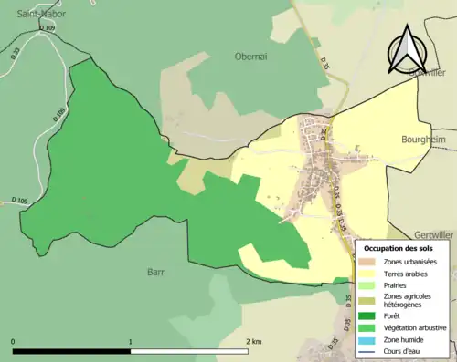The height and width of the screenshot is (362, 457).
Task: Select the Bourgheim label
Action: pos(422,140)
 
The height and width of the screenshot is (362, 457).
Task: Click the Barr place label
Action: pos(155,271)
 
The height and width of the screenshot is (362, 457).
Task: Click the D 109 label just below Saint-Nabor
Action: pos(48,29)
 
